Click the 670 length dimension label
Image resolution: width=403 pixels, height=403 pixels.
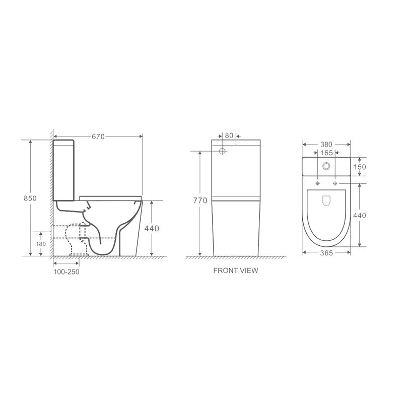(x=98, y=137)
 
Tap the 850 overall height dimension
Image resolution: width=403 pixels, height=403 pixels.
(x=30, y=198)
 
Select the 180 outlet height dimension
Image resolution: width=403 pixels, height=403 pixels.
(x=41, y=244)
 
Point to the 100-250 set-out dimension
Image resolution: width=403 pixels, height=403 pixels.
(x=66, y=272)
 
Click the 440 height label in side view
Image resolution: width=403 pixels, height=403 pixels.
(x=152, y=228)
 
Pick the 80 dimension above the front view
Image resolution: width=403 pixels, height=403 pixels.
(x=229, y=136)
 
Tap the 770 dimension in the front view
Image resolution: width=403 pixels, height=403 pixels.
(x=200, y=200)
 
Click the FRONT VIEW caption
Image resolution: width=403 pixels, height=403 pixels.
(x=236, y=271)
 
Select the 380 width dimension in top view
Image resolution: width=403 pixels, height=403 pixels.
(x=326, y=145)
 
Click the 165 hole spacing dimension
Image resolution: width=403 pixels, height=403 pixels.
(x=326, y=153)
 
